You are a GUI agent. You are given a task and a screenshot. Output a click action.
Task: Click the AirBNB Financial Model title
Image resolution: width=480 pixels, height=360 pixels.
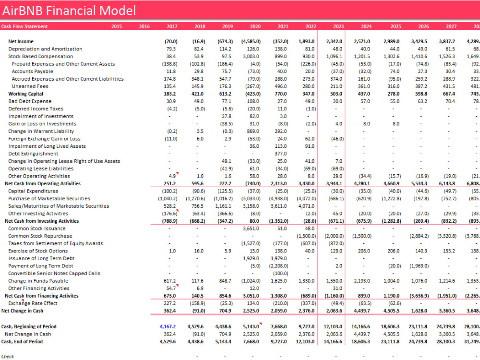69,10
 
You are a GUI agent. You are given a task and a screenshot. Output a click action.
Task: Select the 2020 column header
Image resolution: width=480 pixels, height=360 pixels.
255,26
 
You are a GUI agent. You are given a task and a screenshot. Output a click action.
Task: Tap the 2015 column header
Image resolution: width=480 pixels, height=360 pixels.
117,26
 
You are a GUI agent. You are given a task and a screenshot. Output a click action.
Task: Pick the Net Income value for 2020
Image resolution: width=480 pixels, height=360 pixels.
251,41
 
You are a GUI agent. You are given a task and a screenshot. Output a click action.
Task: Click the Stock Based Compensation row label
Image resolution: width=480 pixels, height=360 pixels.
34,56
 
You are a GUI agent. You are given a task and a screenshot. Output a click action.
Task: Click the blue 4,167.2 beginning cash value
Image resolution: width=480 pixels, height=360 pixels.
168,326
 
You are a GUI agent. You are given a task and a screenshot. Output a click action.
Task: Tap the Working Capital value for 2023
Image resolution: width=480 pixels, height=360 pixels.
336,94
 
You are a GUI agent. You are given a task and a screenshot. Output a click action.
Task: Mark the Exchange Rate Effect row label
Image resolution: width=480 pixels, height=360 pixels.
33,303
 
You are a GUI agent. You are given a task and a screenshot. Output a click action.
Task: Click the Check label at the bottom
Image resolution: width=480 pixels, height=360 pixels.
8,356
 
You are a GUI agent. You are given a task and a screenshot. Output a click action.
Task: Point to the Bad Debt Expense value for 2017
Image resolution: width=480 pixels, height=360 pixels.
171,101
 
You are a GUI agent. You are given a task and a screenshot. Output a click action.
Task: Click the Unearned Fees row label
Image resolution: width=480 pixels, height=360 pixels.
28,86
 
